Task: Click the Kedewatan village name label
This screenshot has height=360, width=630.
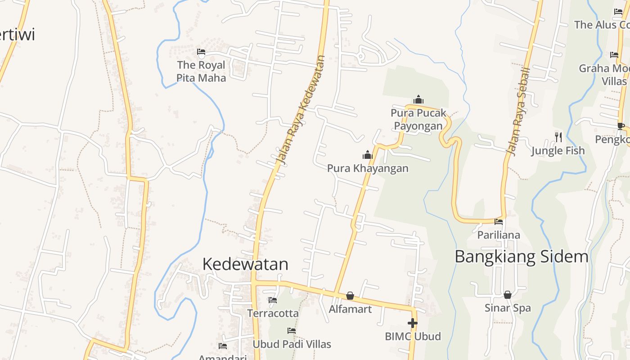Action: click(245, 264)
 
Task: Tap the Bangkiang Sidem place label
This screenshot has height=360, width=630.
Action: click(521, 256)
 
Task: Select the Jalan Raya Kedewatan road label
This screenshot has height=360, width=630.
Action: click(300, 110)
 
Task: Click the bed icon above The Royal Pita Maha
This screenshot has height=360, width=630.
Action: click(201, 52)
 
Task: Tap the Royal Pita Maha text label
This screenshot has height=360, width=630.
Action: click(201, 71)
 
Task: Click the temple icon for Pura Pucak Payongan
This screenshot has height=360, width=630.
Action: click(418, 99)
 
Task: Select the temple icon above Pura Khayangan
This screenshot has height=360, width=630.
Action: click(368, 155)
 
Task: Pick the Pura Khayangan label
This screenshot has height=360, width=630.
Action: click(368, 168)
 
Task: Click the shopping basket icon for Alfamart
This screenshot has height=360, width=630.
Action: click(350, 296)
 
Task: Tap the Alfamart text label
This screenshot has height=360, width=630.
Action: click(350, 309)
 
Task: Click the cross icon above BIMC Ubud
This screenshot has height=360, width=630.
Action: click(413, 323)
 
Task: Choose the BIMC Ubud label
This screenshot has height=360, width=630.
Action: click(413, 336)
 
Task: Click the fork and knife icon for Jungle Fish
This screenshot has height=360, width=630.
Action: click(558, 137)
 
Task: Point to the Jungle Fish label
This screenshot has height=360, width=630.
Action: click(558, 151)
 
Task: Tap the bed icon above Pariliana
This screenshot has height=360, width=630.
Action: click(499, 222)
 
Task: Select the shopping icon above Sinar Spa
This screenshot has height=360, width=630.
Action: click(508, 295)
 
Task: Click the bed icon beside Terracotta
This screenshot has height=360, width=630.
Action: click(273, 300)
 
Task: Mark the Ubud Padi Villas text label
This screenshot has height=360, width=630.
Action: click(292, 344)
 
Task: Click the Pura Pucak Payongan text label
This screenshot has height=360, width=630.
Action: click(418, 119)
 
